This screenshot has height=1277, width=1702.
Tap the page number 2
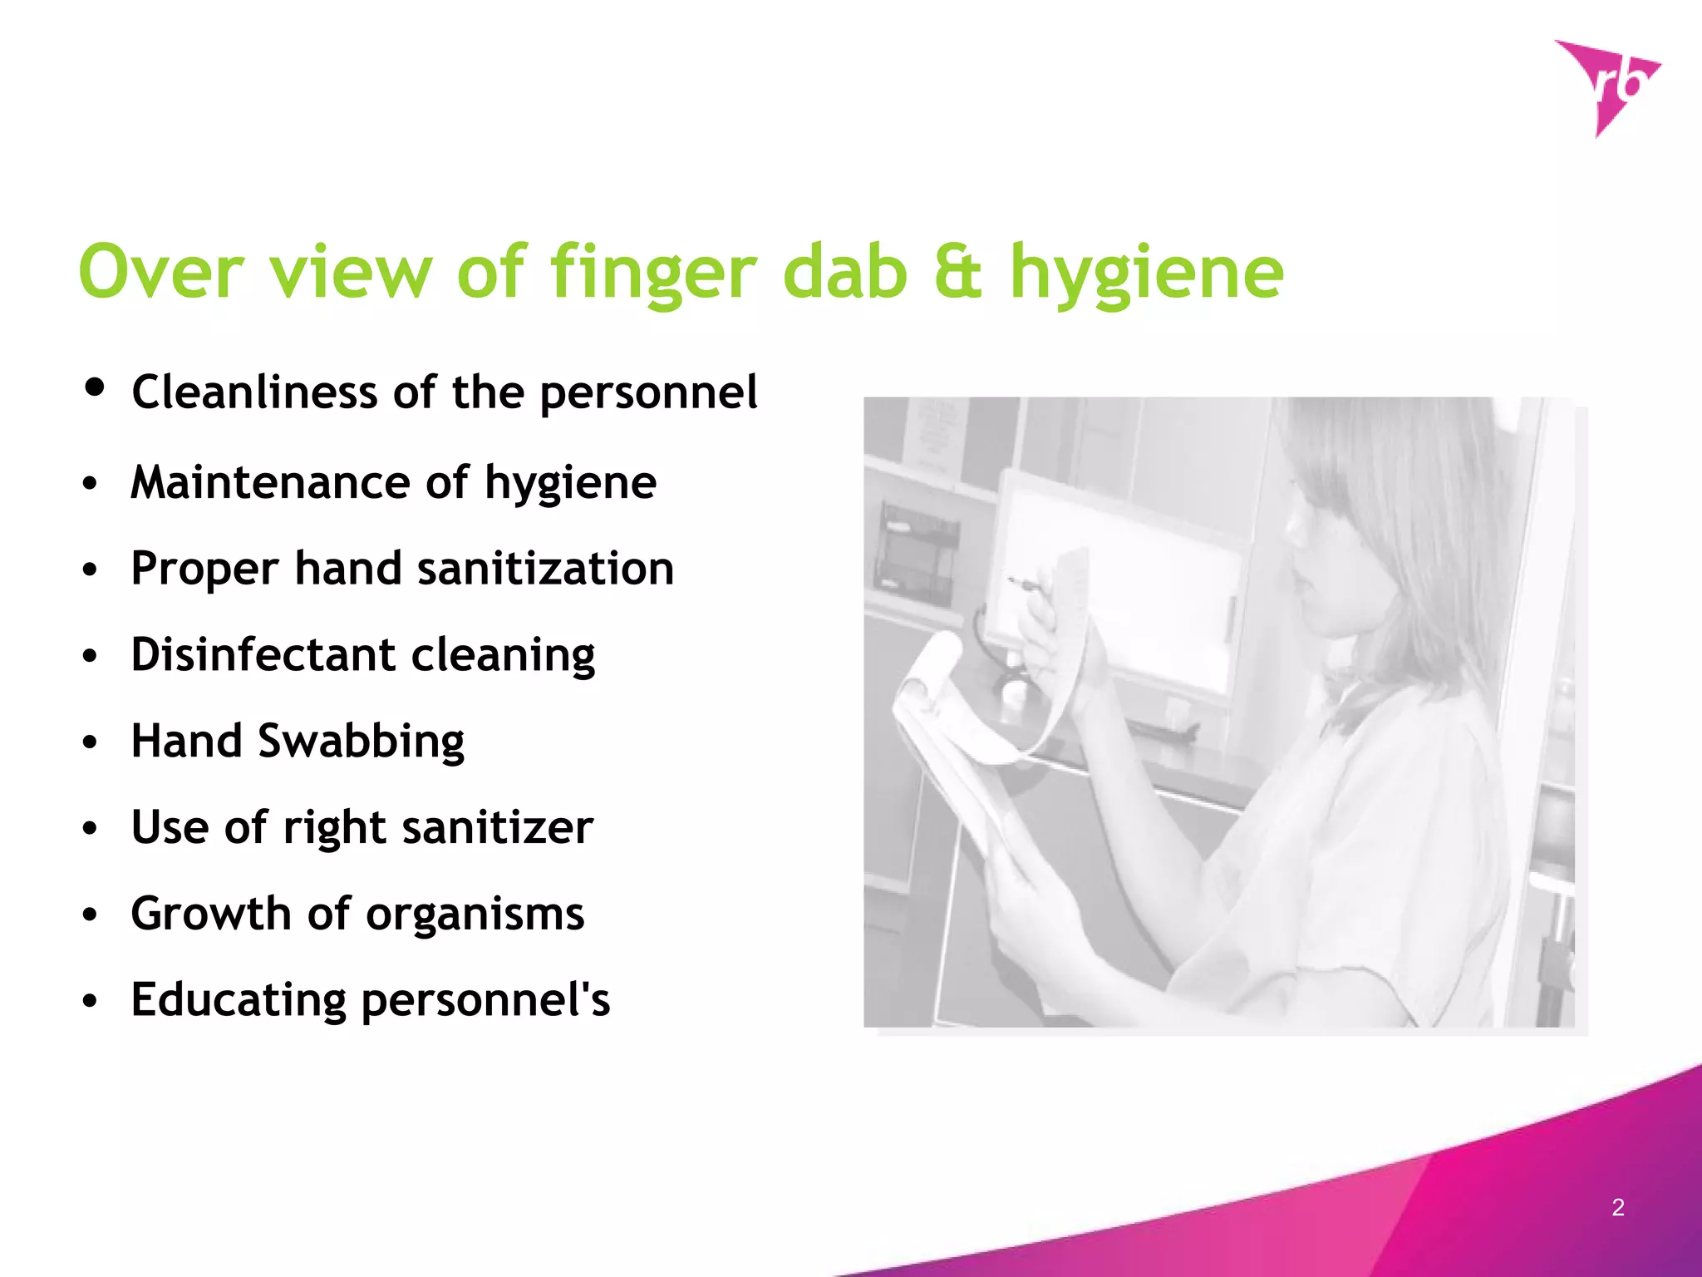pyautogui.click(x=1618, y=1207)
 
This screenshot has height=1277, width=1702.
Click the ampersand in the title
pyautogui.click(x=958, y=272)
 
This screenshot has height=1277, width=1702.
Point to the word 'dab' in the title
pyautogui.click(x=845, y=272)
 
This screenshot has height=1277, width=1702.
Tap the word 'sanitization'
pyautogui.click(x=545, y=569)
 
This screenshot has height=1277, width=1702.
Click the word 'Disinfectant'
pyautogui.click(x=263, y=655)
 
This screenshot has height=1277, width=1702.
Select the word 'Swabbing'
pyautogui.click(x=361, y=742)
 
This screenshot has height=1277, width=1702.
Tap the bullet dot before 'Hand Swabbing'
pyautogui.click(x=90, y=742)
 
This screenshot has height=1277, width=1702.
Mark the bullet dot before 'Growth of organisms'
pyautogui.click(x=90, y=915)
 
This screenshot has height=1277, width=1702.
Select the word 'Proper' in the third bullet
pyautogui.click(x=204, y=570)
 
